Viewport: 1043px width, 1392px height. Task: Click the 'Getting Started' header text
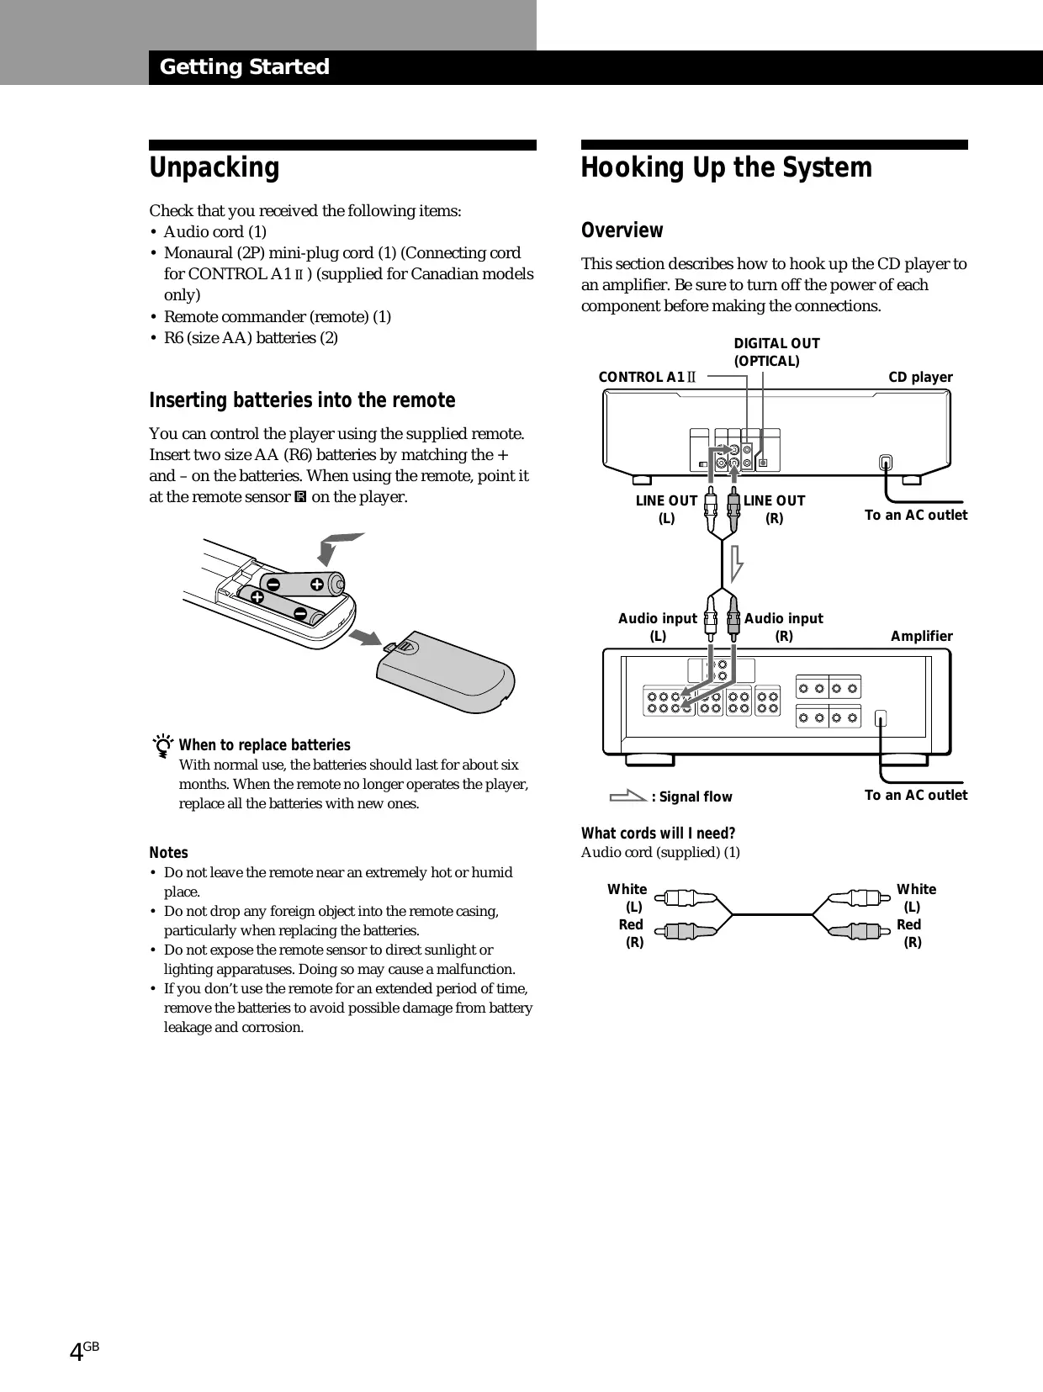(244, 67)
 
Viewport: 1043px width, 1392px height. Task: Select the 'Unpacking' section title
(214, 167)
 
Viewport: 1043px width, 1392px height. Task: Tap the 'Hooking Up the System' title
(726, 167)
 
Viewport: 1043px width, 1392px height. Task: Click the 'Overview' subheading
(622, 230)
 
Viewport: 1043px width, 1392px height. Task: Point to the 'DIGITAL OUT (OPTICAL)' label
(776, 352)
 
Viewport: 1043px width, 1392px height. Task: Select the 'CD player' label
(920, 377)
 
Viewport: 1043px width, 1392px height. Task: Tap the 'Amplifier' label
(921, 636)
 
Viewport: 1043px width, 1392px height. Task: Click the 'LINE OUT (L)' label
(666, 509)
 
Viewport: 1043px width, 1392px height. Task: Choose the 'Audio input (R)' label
(783, 627)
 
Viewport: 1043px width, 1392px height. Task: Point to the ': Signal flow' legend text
(691, 797)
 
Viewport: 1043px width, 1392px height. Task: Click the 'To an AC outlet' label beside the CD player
(915, 515)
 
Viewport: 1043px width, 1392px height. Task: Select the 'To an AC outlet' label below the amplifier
(915, 795)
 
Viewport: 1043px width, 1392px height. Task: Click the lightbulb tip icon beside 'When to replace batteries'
(164, 746)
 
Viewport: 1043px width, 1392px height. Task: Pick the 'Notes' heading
(168, 852)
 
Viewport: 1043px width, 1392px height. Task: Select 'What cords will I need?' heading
(658, 834)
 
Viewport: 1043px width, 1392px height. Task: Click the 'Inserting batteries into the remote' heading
(302, 400)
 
